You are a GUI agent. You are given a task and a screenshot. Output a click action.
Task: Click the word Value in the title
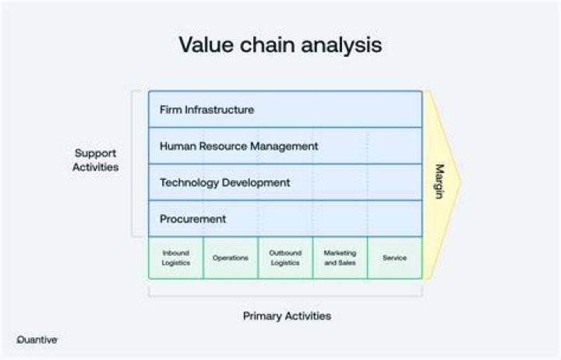click(206, 44)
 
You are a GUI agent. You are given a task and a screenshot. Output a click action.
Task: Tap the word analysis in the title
click(341, 45)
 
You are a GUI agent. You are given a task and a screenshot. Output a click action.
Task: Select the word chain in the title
click(267, 44)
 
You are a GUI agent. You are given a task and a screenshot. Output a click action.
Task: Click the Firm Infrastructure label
click(206, 110)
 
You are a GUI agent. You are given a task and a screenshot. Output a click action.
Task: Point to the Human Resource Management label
click(238, 146)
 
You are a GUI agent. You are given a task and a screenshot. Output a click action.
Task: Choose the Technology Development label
click(224, 182)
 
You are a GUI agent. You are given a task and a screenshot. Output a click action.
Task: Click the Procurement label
click(192, 219)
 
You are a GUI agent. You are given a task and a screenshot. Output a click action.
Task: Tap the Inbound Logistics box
click(175, 258)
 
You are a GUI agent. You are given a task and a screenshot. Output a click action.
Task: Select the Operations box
click(231, 258)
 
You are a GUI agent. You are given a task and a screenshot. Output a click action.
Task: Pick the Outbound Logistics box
click(285, 258)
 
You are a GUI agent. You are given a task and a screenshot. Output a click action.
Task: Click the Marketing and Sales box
click(340, 258)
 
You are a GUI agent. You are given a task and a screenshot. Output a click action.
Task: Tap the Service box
click(394, 258)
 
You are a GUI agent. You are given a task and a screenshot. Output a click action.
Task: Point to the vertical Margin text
click(439, 182)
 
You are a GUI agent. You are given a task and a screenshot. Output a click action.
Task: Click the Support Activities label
click(96, 160)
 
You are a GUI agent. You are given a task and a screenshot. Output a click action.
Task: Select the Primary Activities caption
click(287, 316)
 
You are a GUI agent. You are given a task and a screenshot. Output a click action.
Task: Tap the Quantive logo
click(37, 340)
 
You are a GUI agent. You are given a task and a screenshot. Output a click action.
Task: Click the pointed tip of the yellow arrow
click(461, 182)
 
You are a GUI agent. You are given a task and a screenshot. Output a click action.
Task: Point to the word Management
click(284, 146)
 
